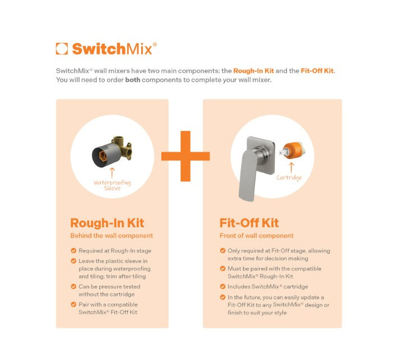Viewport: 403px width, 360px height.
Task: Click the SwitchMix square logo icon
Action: point(62,49)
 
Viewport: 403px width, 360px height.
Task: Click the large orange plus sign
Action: point(186,156)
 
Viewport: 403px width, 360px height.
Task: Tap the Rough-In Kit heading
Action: point(107,223)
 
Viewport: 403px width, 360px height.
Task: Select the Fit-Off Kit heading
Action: point(249,223)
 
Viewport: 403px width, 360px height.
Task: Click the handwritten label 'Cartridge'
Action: point(289,177)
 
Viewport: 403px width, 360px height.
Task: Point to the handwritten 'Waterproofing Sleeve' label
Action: point(112,185)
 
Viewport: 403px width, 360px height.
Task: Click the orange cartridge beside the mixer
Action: point(293,151)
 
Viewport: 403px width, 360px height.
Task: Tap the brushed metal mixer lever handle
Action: point(248,175)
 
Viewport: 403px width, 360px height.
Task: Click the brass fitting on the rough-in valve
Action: point(123,148)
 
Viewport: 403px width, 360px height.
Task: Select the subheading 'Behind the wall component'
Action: point(112,236)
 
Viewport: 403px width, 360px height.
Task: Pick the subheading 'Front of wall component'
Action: point(257,236)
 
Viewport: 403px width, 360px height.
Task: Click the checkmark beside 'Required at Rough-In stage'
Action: point(73,251)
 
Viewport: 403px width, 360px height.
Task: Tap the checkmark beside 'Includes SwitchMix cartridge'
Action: point(223,287)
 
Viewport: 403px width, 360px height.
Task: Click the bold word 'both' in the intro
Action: point(133,80)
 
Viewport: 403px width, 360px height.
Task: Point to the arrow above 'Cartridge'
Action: point(291,167)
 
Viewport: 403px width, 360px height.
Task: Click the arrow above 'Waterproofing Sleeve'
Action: point(112,173)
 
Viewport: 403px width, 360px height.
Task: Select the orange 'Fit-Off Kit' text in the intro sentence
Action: point(317,71)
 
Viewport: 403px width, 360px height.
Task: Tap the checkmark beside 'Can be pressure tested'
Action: point(73,287)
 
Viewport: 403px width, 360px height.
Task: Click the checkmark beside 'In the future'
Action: point(223,297)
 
